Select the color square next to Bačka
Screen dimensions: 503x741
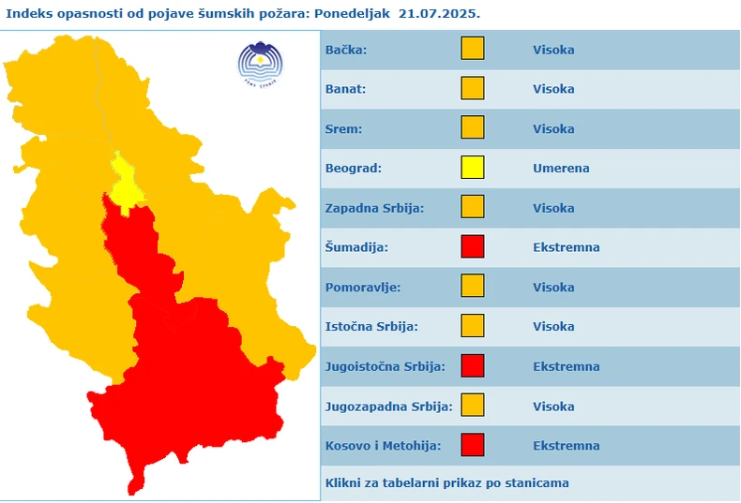click(473, 50)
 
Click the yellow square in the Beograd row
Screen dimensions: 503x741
click(473, 169)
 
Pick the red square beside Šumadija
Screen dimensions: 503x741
click(473, 247)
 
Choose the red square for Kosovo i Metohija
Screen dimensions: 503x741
click(473, 445)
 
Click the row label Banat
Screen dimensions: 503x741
click(345, 90)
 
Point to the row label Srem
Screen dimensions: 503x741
click(343, 129)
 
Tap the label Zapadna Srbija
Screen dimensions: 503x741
click(374, 208)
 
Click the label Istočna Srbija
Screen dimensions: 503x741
click(371, 327)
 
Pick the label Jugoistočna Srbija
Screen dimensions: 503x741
click(385, 366)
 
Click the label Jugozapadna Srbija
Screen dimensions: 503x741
click(388, 407)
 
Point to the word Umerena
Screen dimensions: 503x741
click(561, 169)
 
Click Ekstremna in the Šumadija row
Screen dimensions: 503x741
click(566, 247)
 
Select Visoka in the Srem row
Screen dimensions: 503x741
click(553, 129)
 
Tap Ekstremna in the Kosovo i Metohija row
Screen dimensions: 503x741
click(566, 446)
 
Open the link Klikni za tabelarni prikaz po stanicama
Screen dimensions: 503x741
click(446, 483)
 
